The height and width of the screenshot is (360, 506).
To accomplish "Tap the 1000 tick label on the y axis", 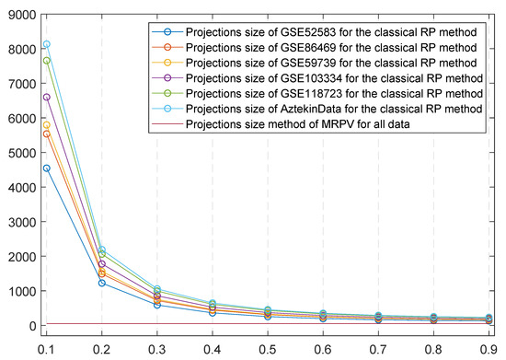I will pos(19,291).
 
